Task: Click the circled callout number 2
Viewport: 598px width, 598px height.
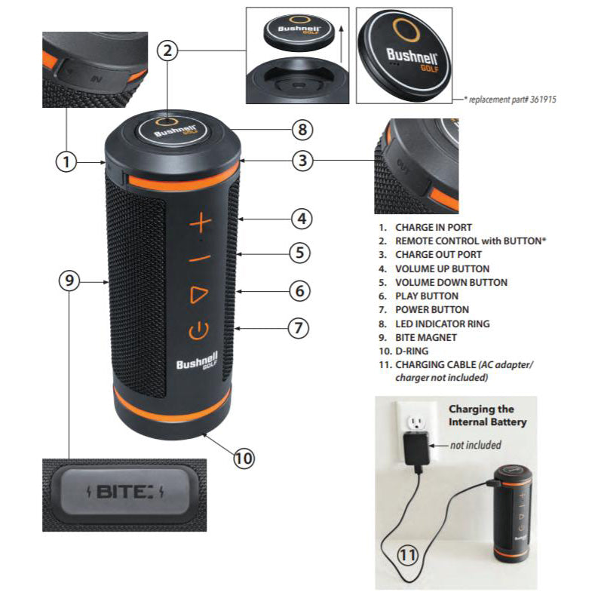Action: [168, 51]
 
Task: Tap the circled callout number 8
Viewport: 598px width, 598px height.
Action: [302, 130]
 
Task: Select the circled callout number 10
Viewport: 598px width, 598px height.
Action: [244, 458]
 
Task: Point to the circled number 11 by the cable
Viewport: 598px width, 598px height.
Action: [408, 555]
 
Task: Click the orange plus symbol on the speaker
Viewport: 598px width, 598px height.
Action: [201, 223]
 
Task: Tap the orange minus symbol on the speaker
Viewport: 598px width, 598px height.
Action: [200, 259]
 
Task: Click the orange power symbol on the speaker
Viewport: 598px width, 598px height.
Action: [198, 330]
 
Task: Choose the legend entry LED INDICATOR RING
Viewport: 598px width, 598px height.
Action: [434, 324]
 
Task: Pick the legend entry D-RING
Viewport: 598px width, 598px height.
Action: [403, 351]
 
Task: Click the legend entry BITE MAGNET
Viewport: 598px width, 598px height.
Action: [418, 338]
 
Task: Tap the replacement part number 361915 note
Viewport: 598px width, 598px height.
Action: [510, 100]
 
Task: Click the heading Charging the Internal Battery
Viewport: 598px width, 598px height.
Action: [487, 416]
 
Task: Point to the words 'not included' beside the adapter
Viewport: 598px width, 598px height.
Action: [476, 445]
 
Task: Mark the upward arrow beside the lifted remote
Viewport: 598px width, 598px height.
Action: [342, 44]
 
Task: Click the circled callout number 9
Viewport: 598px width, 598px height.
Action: [69, 281]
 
